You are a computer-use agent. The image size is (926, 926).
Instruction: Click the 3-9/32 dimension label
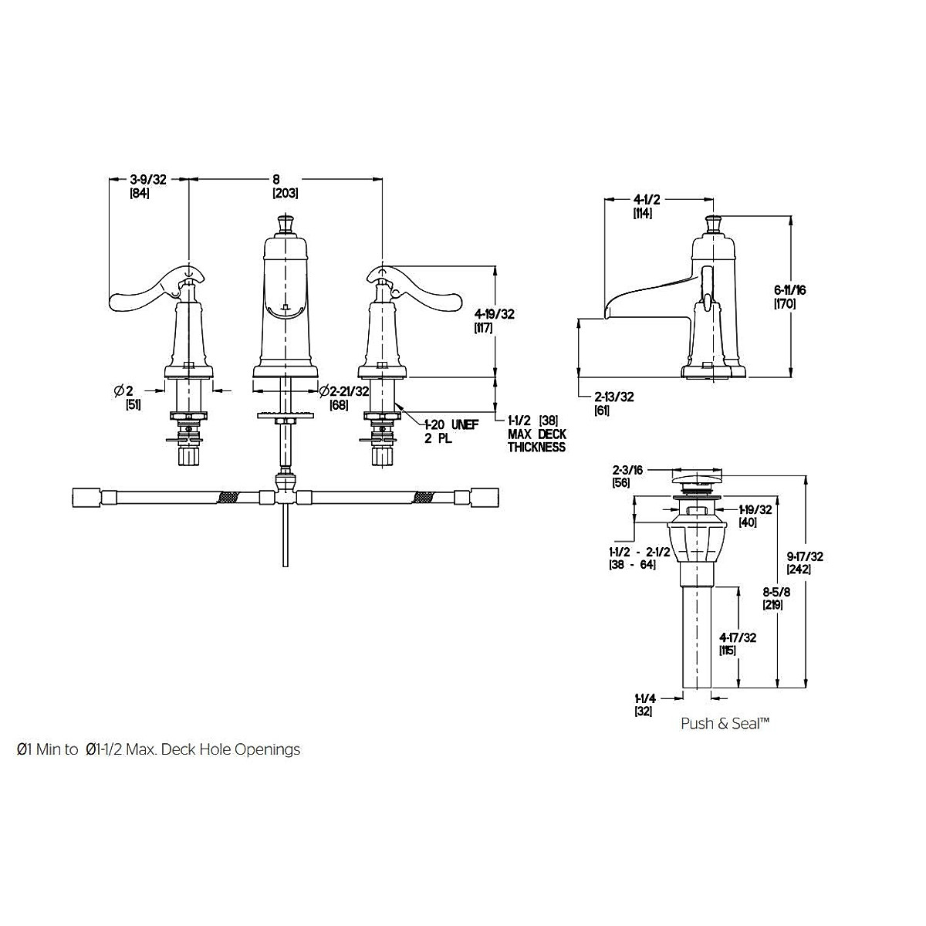[x=148, y=180]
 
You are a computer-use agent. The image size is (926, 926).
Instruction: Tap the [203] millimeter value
[x=286, y=194]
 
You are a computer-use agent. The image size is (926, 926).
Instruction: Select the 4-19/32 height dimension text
[x=495, y=314]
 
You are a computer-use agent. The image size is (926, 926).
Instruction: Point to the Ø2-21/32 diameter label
[x=344, y=392]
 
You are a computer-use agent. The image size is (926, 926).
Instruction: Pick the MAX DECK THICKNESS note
[x=537, y=441]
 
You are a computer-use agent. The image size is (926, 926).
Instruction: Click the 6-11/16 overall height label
[x=790, y=290]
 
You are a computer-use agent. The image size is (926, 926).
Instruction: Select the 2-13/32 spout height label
[x=614, y=397]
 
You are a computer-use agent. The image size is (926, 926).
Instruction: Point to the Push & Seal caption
[x=725, y=723]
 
